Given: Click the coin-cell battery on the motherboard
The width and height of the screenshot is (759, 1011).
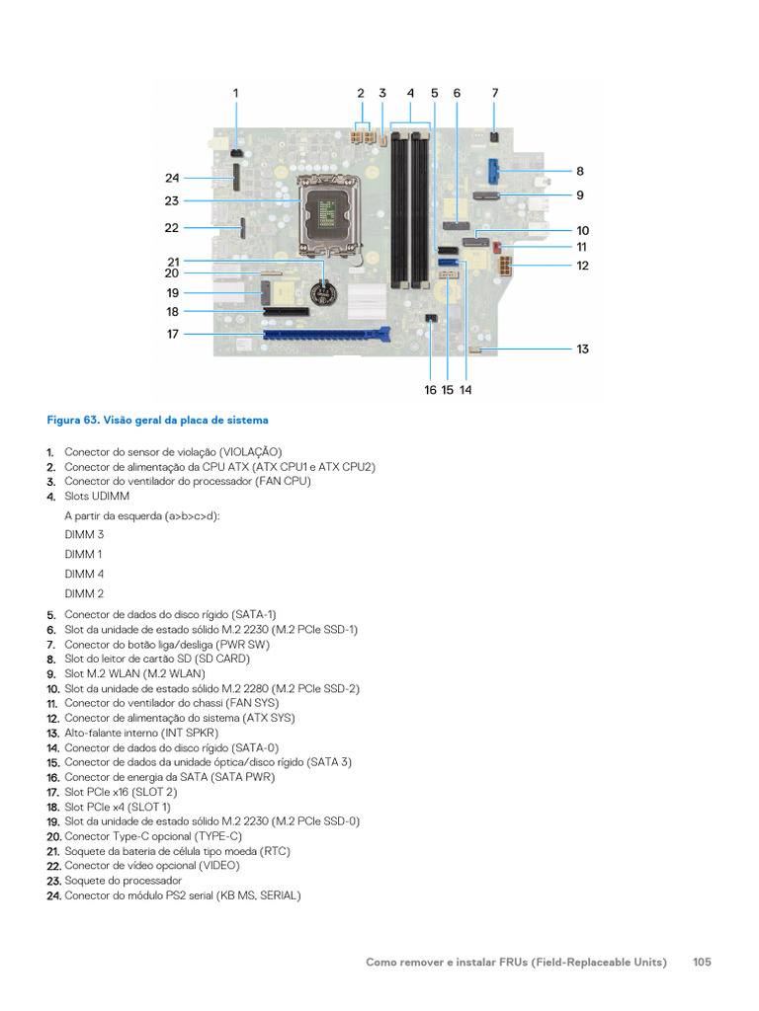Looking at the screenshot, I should pos(323,291).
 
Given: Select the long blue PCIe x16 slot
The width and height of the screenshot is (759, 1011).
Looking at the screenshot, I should pos(327,335).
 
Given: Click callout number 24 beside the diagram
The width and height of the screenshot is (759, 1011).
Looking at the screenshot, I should pos(173,178).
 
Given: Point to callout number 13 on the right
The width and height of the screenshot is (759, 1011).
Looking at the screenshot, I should pos(583,349).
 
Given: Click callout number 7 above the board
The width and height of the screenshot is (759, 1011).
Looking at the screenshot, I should pos(495,93).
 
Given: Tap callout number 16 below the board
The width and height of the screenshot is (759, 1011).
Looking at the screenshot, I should pos(431,390).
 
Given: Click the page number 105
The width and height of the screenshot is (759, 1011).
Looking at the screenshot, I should pos(703,962).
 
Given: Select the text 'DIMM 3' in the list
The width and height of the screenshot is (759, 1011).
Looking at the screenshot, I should pos(84,534).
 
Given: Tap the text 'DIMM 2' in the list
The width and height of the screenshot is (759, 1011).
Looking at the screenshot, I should pos(84,593).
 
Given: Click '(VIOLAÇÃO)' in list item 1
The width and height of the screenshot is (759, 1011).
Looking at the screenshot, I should pos(250,451).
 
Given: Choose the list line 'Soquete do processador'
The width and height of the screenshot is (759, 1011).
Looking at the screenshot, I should pos(123,880).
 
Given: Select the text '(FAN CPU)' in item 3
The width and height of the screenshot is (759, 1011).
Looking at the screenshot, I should pos(283,481).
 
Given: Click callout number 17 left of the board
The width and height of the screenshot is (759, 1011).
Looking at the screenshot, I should pos(173,335).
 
